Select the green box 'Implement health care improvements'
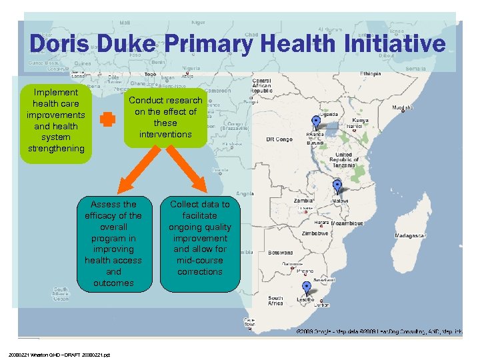click(x=55, y=120)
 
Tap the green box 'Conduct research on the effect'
click(x=165, y=117)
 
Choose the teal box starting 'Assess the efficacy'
click(x=113, y=243)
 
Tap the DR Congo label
click(x=280, y=139)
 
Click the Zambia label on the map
click(x=305, y=200)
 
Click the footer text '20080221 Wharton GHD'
click(x=60, y=354)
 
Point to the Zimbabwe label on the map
click(x=315, y=234)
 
